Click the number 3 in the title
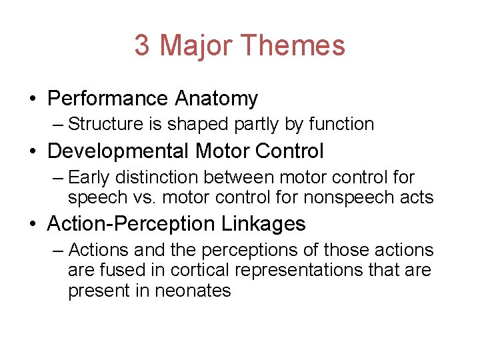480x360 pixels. click(x=141, y=45)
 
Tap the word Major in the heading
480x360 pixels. click(x=196, y=45)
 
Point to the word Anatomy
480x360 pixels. click(x=216, y=99)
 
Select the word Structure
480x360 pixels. click(x=102, y=124)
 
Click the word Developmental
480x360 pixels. click(x=117, y=151)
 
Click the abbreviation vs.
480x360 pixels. click(x=165, y=197)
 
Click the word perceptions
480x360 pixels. click(x=264, y=250)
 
